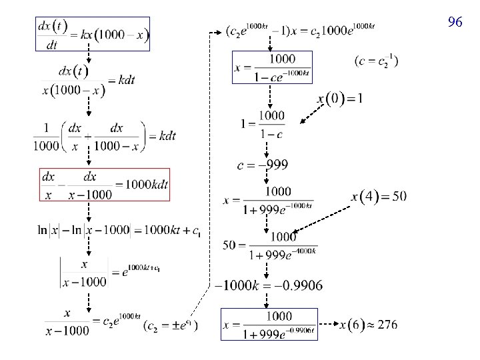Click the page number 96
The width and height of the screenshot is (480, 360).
(455, 23)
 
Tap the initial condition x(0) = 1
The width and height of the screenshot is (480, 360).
(340, 99)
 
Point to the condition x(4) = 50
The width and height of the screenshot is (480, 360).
(379, 196)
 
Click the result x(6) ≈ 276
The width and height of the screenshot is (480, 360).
(368, 325)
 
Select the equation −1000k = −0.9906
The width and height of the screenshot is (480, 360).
(268, 285)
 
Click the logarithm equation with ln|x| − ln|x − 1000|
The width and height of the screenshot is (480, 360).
(119, 231)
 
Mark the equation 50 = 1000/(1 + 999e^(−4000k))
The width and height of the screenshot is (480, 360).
(269, 245)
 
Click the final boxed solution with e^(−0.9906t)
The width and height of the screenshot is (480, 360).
(269, 325)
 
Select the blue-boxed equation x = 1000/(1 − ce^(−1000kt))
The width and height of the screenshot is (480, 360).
(273, 67)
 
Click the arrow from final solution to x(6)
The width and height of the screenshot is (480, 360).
(328, 325)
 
